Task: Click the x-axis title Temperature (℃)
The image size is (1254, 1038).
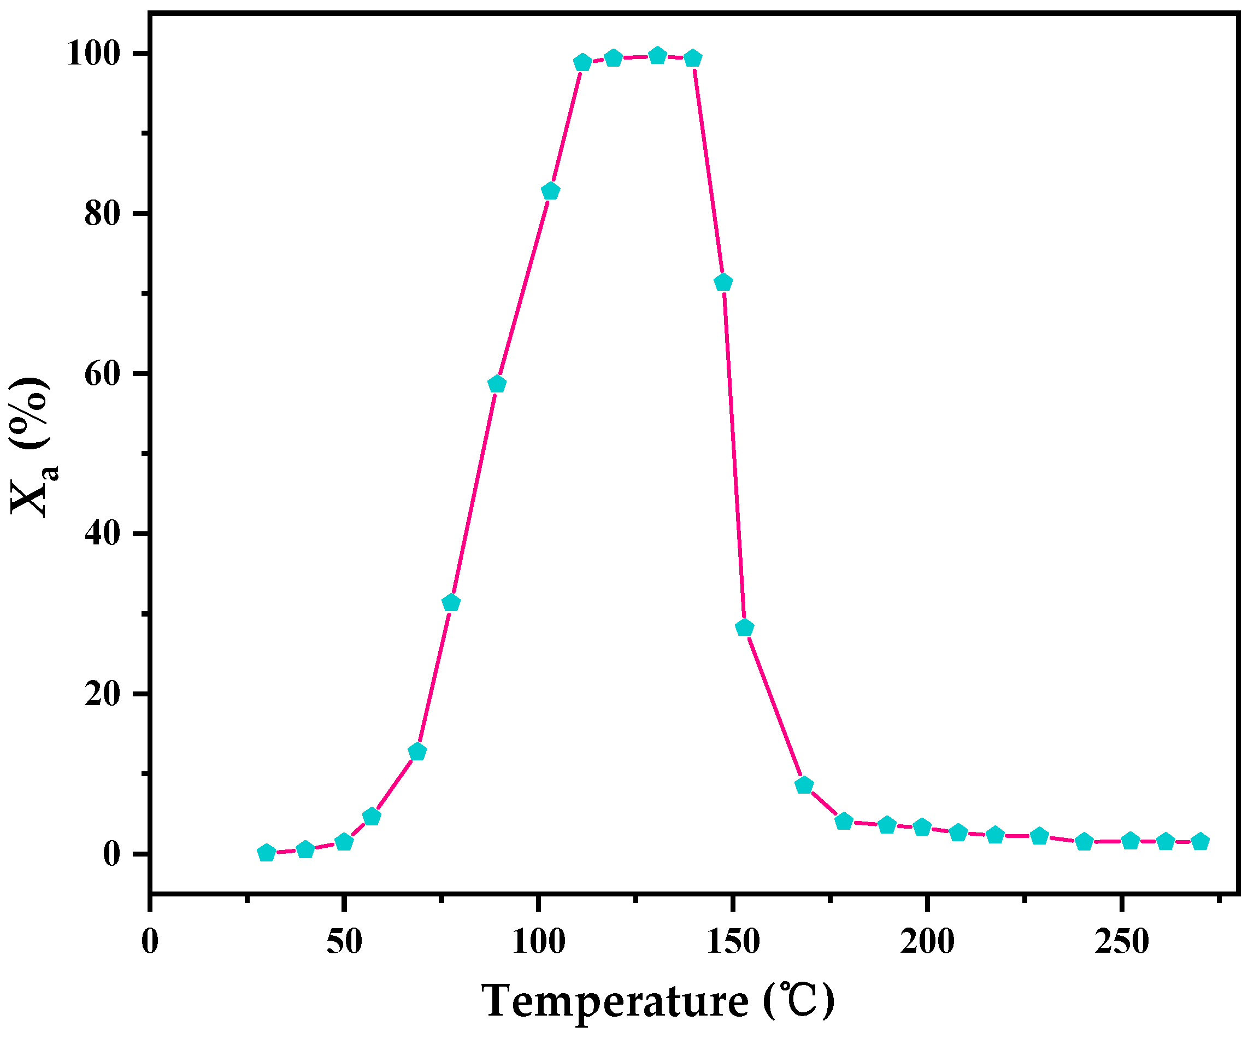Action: (x=658, y=1001)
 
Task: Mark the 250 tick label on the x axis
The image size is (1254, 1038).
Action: (x=1121, y=942)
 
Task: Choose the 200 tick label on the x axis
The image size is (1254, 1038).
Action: (x=927, y=942)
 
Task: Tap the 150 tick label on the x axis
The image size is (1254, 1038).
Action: (x=733, y=942)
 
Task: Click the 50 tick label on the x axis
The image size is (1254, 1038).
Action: (x=344, y=942)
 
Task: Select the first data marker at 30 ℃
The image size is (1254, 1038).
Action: (x=266, y=853)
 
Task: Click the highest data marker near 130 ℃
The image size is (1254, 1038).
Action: (x=657, y=56)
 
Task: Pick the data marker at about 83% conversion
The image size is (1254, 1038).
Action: (x=551, y=191)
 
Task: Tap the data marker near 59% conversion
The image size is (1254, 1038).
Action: (x=497, y=384)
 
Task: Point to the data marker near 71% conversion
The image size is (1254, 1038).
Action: (x=723, y=283)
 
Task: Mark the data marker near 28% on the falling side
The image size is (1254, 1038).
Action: (x=745, y=628)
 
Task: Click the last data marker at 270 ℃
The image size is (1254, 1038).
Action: (x=1200, y=842)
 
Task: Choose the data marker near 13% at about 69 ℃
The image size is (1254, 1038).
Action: (x=417, y=752)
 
